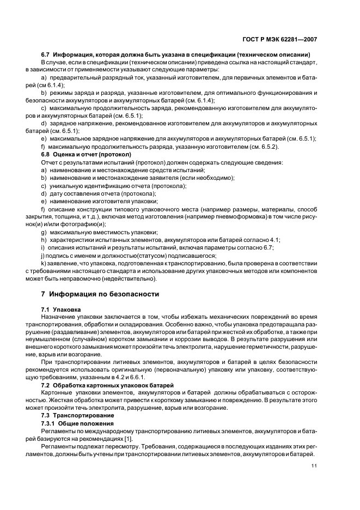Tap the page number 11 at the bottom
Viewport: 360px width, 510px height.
(314, 466)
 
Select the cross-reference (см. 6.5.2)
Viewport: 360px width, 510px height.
(264, 147)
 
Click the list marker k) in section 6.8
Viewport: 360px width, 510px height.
(44, 263)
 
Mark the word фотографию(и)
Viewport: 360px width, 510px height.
(82, 224)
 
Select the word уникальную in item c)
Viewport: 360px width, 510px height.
(64, 186)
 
